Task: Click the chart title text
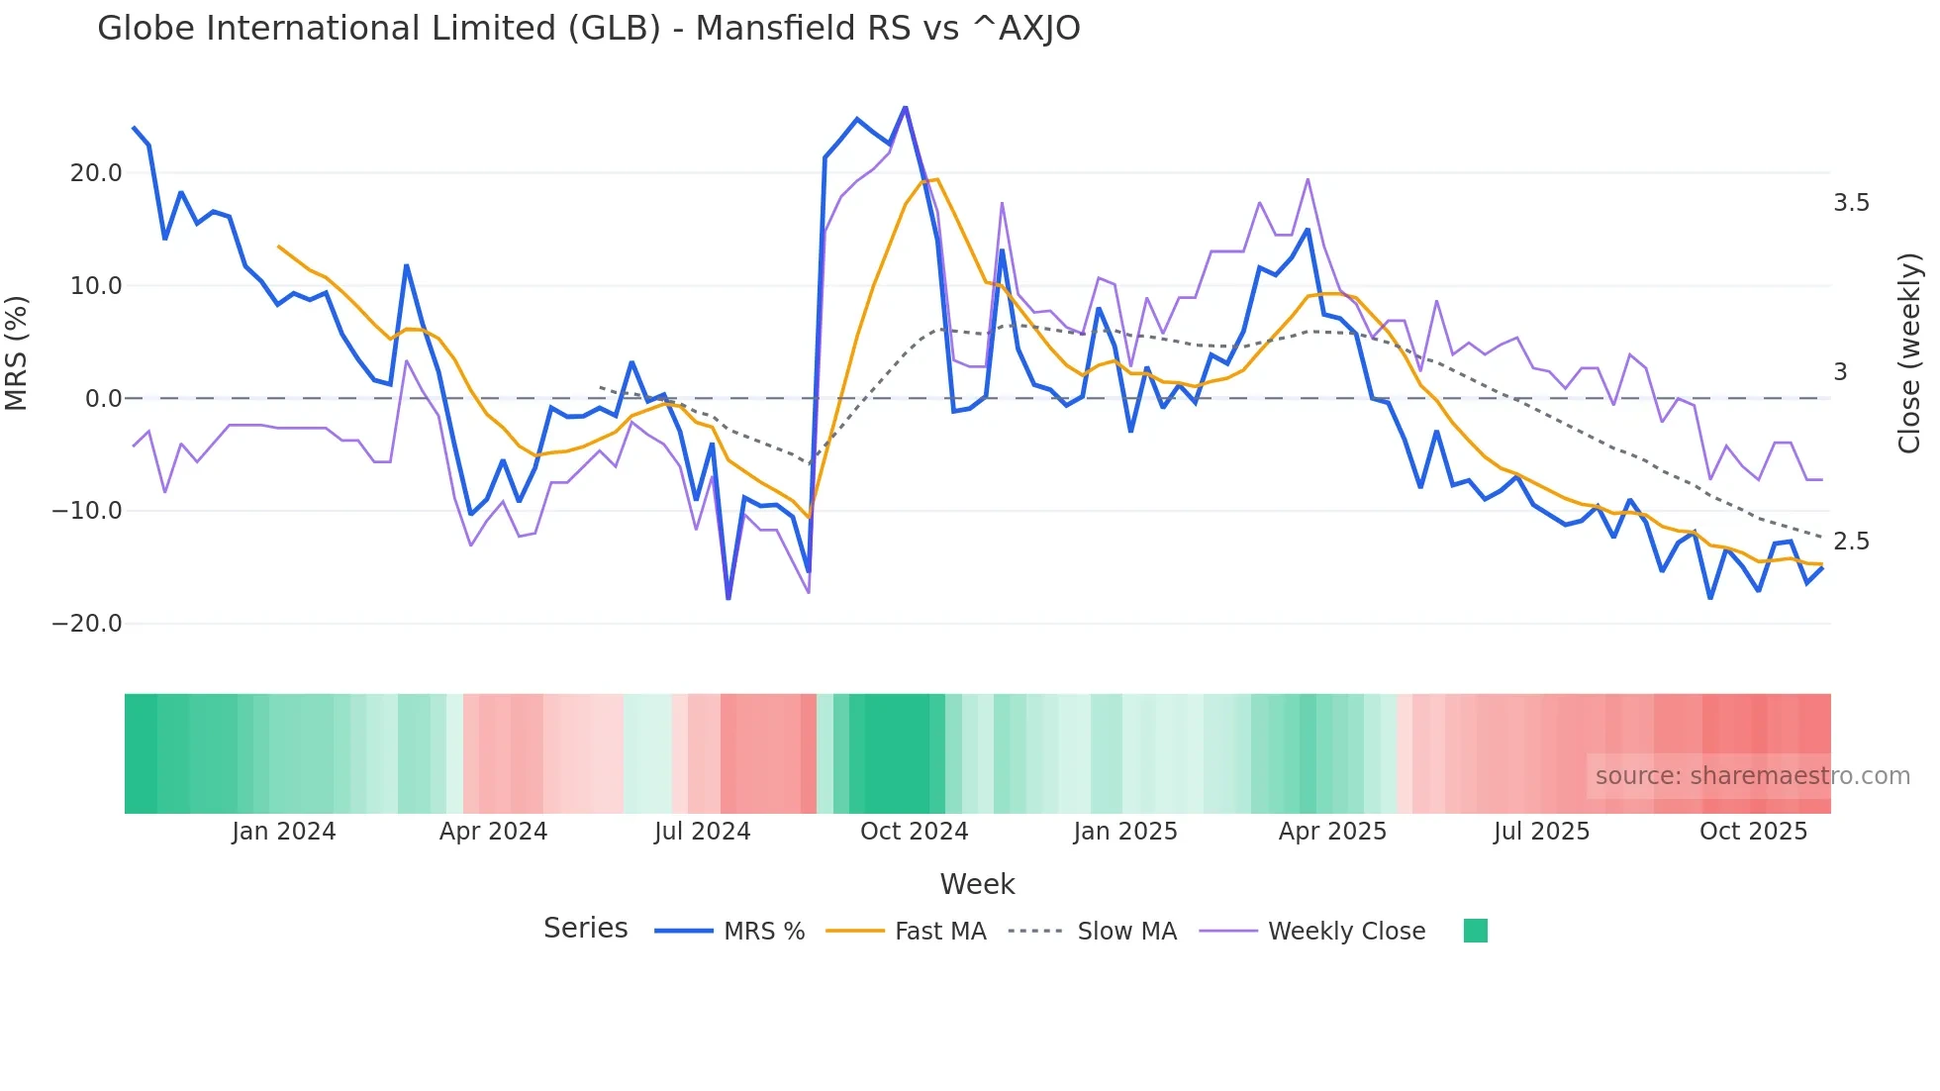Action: click(588, 29)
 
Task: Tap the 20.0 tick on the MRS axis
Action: click(96, 173)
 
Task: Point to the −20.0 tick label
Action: click(87, 624)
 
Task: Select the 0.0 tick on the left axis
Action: click(103, 399)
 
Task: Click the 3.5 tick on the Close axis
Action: click(1851, 203)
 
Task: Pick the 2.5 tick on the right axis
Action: click(1851, 542)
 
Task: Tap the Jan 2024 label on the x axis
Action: click(284, 832)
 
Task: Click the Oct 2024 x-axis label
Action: click(914, 832)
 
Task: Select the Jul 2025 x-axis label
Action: click(1541, 832)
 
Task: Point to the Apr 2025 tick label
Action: click(1332, 832)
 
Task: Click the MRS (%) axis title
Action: click(17, 353)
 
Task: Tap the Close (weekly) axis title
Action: click(1909, 353)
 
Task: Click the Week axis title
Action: click(977, 884)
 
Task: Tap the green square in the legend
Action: click(1475, 932)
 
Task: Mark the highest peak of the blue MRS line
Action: click(905, 108)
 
